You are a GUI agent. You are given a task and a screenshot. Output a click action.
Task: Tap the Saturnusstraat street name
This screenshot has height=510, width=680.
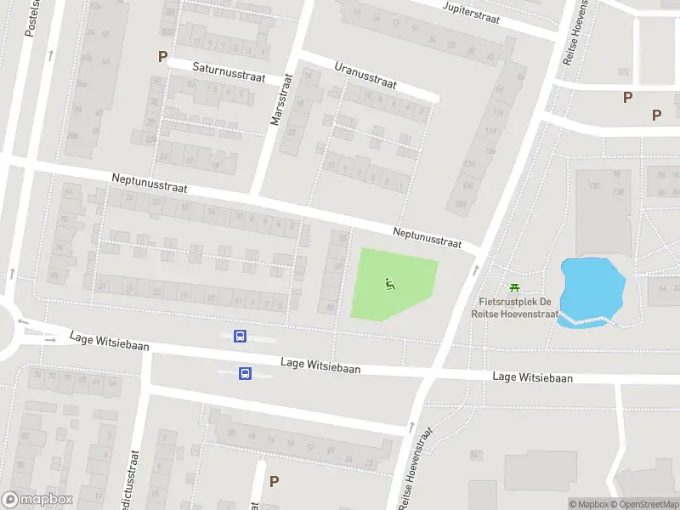tap(229, 71)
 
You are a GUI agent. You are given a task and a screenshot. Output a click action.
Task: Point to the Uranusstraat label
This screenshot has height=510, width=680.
tap(365, 75)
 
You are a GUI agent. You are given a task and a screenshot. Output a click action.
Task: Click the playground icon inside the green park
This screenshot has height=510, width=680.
tap(390, 284)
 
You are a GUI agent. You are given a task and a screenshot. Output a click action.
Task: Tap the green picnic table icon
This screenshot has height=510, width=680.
tap(513, 289)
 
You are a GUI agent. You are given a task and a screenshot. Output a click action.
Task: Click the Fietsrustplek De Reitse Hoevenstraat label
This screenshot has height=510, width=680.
tap(515, 308)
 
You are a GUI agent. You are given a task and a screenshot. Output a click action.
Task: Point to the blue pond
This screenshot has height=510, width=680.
tap(592, 286)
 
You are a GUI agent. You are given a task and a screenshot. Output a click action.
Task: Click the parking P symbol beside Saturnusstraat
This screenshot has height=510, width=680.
tap(162, 57)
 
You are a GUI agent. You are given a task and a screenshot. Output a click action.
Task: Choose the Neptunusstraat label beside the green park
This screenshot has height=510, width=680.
tap(427, 237)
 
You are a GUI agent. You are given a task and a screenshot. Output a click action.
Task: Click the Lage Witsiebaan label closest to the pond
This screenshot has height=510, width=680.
tap(532, 377)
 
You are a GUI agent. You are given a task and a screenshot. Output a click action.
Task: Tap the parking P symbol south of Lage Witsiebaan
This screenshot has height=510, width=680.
tap(274, 481)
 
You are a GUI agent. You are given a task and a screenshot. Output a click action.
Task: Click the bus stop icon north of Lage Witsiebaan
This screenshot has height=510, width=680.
tap(241, 337)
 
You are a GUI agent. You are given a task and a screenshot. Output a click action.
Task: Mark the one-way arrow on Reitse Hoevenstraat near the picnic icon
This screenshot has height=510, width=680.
tap(475, 269)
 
